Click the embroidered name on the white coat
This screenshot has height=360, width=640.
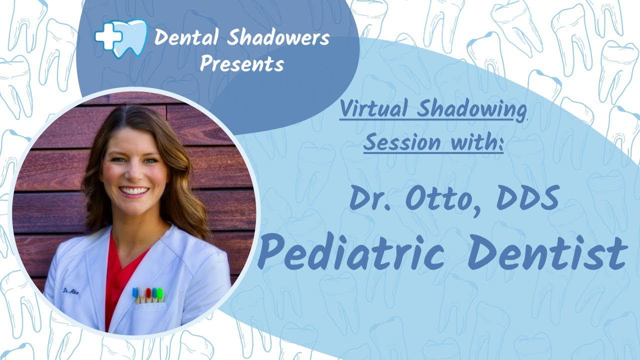point(71,292)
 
